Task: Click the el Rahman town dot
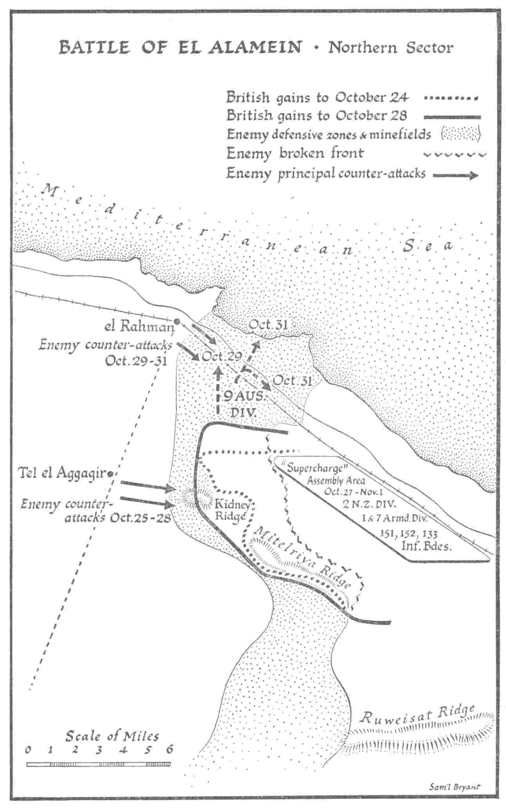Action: pyautogui.click(x=177, y=322)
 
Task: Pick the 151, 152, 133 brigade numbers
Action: pyautogui.click(x=409, y=534)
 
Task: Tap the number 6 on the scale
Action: pyautogui.click(x=169, y=750)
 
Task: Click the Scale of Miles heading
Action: pyautogui.click(x=112, y=736)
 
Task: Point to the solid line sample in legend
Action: pyautogui.click(x=452, y=117)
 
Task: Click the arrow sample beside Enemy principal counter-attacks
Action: pyautogui.click(x=455, y=175)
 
